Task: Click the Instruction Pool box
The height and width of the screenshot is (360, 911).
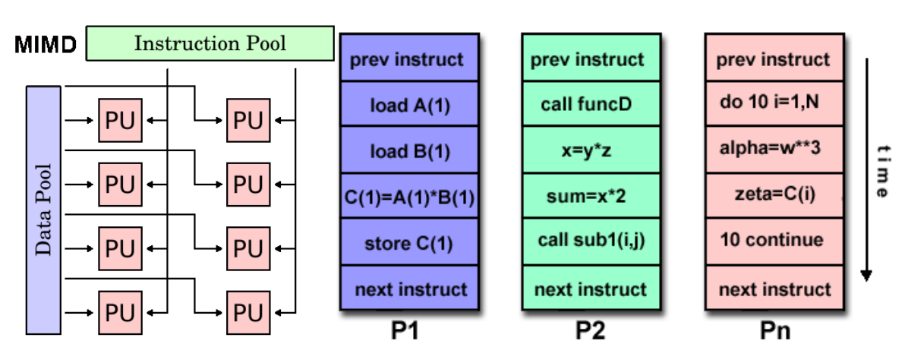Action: [210, 43]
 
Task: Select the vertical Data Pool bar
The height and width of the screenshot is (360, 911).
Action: [43, 210]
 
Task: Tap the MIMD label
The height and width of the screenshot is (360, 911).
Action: [46, 44]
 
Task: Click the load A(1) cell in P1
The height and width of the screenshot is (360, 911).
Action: [409, 104]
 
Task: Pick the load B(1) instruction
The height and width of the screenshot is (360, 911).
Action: [409, 150]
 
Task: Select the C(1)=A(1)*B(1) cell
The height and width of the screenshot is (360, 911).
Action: [409, 197]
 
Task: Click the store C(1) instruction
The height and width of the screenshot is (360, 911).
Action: [409, 242]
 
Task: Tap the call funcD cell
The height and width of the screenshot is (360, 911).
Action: [591, 104]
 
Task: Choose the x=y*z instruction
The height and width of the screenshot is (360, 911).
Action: [591, 150]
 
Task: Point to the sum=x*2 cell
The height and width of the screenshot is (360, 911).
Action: [591, 197]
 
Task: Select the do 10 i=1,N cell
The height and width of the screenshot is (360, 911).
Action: [774, 103]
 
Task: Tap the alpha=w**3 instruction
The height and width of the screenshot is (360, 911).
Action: [774, 150]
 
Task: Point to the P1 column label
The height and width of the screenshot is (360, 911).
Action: [405, 330]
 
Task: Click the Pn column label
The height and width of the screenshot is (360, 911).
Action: [775, 330]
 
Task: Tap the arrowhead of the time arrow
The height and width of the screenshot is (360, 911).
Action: [866, 276]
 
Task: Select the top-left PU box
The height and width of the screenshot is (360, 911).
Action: [121, 121]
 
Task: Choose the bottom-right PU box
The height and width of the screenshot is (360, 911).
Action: [248, 313]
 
